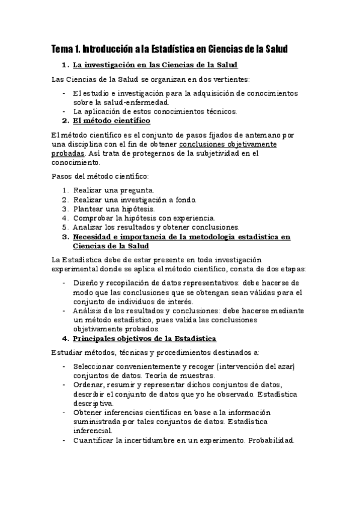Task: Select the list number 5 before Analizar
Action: [x=65, y=227]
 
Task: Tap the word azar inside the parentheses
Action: [x=279, y=366]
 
